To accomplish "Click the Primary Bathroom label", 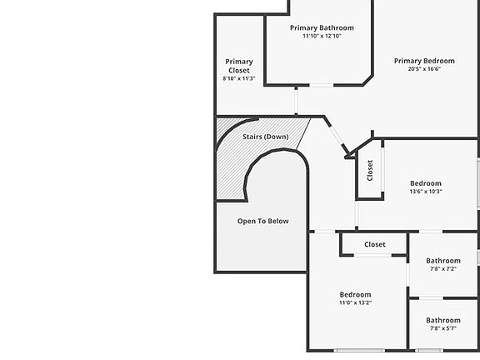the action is click(322, 27).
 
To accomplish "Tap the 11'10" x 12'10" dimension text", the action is click(322, 36).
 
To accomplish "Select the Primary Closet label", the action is click(239, 66).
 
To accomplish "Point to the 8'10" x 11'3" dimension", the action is click(239, 78).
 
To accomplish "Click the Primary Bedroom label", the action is click(424, 61).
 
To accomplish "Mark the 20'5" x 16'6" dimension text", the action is click(424, 69).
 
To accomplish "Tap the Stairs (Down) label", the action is click(266, 137).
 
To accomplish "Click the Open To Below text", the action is click(263, 221).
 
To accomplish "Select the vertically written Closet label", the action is click(370, 171).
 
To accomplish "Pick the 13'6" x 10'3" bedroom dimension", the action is click(426, 192).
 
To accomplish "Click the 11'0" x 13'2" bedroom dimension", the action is click(355, 302).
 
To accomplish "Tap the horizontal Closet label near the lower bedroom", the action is click(375, 244).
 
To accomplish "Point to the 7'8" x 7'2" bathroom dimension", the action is click(443, 269).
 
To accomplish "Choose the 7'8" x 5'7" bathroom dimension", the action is click(443, 328).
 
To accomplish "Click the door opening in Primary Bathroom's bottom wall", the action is click(321, 85).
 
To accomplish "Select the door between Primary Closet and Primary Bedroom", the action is click(296, 101).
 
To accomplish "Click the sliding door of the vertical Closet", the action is click(382, 170).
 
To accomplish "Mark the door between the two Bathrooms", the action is click(431, 297).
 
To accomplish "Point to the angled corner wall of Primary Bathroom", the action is click(368, 80).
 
